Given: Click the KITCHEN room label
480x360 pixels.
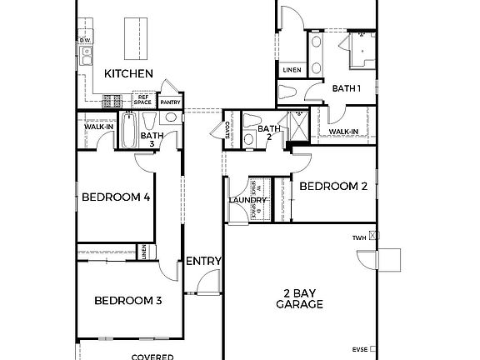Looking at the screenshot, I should point(128,74).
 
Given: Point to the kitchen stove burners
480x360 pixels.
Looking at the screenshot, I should point(112,101).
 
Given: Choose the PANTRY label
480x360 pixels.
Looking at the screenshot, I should point(170,102).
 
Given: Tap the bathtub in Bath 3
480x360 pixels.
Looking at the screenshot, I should point(128,131).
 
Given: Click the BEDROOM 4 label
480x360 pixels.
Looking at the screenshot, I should point(116,197).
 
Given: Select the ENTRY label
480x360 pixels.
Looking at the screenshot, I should point(203,261).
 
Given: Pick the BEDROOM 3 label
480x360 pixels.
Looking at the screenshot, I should point(127,300).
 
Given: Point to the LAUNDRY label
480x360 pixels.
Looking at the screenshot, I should point(247,200).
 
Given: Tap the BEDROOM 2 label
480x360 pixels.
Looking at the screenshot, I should point(333,187).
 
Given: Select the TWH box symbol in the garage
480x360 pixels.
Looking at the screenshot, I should point(374,237).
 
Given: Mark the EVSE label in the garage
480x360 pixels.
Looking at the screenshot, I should point(361,349).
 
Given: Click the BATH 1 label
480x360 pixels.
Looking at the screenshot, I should point(347,87).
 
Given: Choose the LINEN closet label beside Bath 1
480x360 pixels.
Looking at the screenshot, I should point(292,69).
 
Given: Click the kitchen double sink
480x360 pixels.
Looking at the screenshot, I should point(85,56).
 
